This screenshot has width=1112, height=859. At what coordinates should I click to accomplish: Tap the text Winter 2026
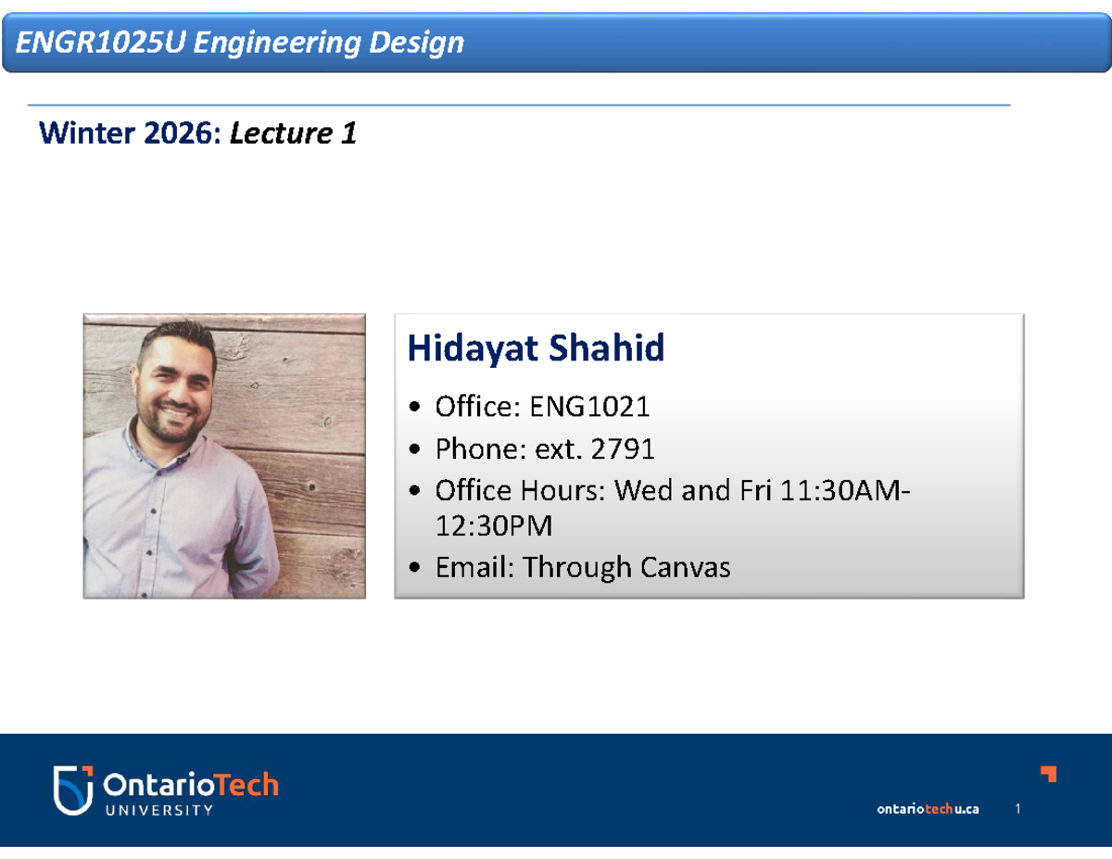[125, 134]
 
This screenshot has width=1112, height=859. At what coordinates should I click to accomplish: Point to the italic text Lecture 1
[293, 134]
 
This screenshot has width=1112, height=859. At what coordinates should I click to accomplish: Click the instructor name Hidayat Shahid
[536, 349]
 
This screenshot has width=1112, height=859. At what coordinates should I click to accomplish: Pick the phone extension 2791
[623, 449]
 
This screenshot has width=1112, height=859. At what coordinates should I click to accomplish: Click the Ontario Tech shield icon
[72, 790]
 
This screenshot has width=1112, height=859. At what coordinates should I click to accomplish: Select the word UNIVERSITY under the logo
[158, 810]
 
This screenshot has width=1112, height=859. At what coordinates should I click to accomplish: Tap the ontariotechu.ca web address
[928, 809]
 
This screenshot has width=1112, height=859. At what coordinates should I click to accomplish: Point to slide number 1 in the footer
[1017, 809]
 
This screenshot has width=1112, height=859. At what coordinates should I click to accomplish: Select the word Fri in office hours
[754, 490]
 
